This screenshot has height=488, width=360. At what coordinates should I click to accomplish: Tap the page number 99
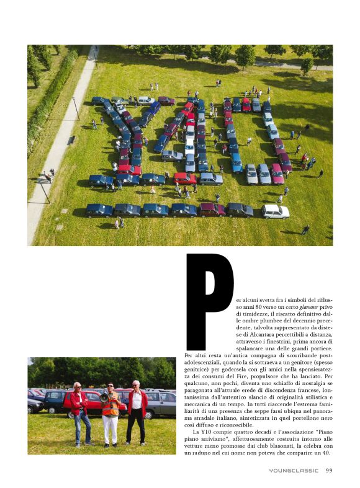click(x=328, y=471)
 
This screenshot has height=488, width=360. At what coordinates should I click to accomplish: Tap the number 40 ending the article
click(x=325, y=453)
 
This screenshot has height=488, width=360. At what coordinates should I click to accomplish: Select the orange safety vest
click(x=110, y=406)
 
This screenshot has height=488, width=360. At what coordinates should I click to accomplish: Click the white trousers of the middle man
click(x=110, y=429)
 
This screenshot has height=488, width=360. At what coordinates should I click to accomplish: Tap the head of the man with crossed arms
click(x=135, y=385)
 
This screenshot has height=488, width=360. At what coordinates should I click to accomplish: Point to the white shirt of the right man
click(x=137, y=400)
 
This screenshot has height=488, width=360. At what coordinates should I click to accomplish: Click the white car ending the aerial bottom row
click(x=275, y=211)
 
